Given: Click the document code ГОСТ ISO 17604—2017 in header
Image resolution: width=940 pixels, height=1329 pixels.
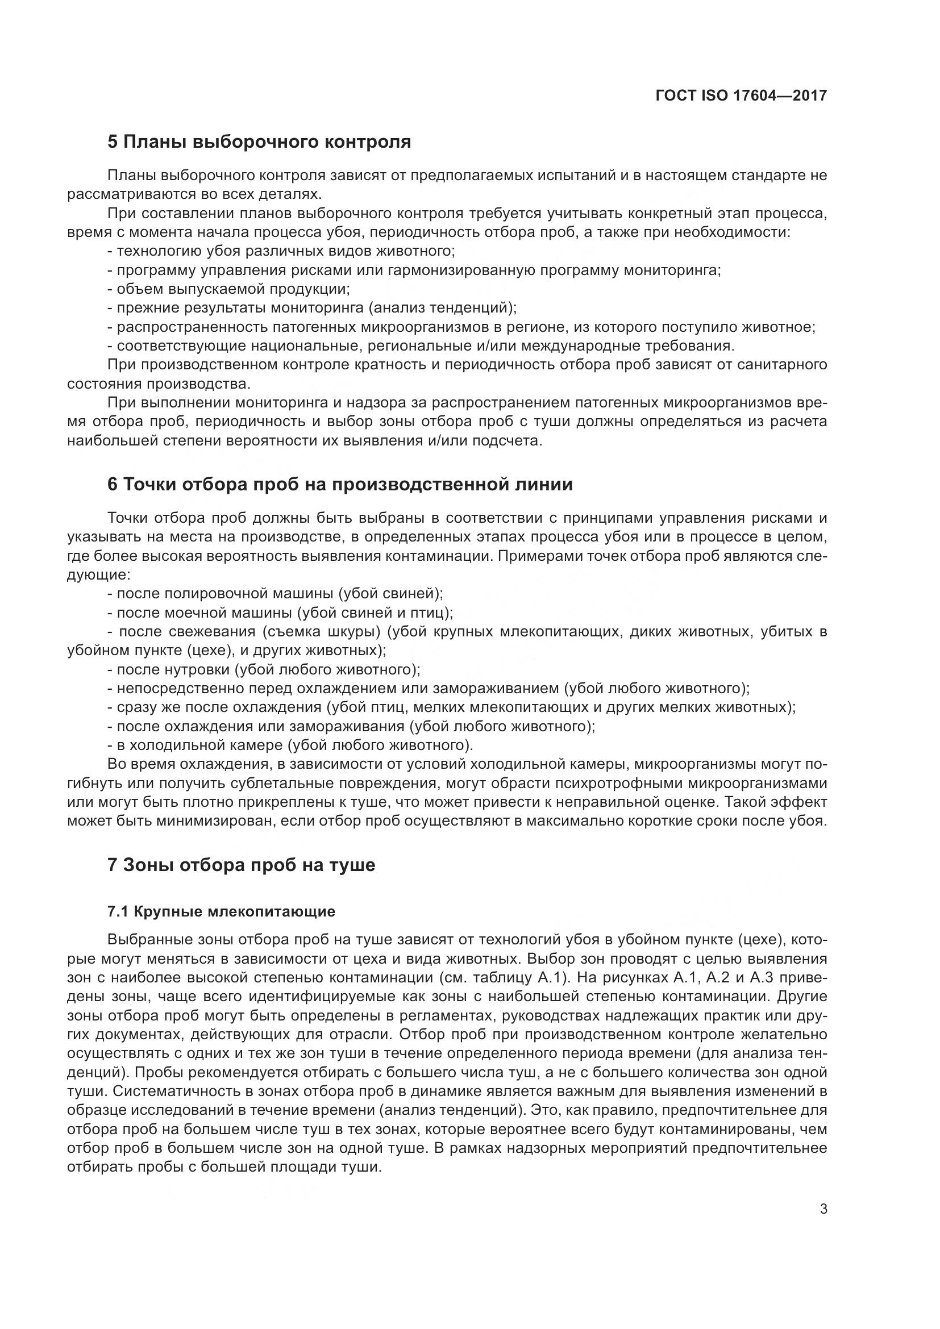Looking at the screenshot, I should tap(741, 95).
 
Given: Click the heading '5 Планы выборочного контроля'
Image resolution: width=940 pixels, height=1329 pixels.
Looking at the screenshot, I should tap(259, 142).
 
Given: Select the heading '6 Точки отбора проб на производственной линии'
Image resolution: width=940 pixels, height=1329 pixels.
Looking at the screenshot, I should tap(340, 484).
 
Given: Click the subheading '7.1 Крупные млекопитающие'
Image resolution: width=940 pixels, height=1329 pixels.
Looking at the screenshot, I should tap(222, 911).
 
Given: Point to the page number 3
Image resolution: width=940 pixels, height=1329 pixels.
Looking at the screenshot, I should tap(823, 1209).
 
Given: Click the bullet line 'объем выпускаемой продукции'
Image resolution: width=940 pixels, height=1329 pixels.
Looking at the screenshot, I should tap(229, 289).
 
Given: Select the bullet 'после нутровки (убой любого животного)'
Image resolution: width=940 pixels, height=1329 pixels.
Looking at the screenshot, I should tap(264, 669).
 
